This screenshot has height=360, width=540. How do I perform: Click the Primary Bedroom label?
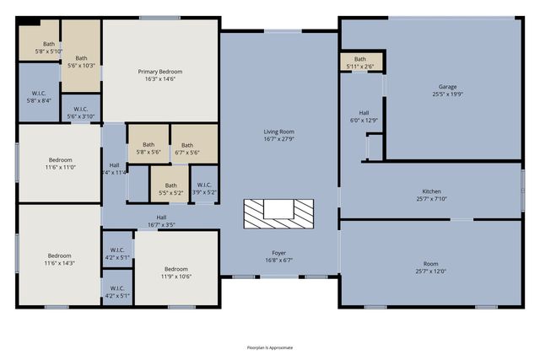[160, 72]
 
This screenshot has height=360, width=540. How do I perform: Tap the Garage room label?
[447, 87]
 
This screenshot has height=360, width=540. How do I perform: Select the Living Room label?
[278, 132]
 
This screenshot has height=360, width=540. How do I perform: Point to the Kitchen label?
[431, 191]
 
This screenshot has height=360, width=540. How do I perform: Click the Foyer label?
[278, 253]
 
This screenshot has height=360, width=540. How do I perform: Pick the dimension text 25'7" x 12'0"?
[431, 271]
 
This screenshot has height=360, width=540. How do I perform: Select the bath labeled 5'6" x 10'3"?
[82, 60]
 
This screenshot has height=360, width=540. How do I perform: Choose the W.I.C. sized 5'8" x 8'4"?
[38, 96]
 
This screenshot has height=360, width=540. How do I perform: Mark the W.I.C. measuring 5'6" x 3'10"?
[81, 112]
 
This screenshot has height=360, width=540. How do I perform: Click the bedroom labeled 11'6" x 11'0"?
[60, 164]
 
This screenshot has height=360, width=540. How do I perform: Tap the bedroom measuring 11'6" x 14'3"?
[60, 259]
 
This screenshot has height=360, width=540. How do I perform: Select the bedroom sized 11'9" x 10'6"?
[176, 272]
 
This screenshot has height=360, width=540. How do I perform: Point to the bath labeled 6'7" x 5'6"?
[187, 148]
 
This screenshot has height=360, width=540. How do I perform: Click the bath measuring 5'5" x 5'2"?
[171, 189]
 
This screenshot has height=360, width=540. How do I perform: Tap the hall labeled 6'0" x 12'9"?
[363, 116]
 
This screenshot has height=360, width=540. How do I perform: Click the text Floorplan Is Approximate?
[270, 347]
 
